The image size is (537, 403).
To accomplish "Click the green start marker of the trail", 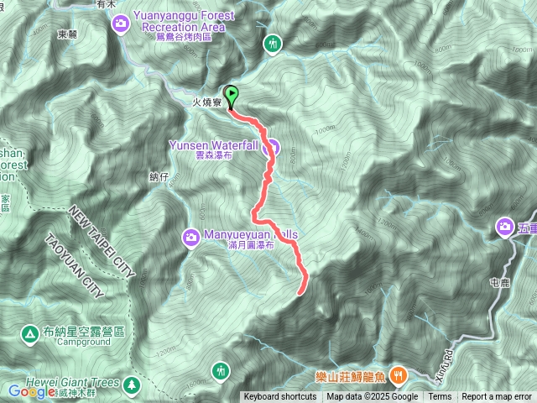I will pos(232,95).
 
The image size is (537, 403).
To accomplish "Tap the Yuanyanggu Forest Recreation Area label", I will pos(178,21).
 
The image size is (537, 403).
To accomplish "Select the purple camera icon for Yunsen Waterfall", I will pos(272,146).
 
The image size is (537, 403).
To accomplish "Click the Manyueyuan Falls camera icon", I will pos(191,240).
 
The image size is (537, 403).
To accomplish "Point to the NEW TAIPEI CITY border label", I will pos(101,243).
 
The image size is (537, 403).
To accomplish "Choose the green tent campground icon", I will pos(31,333).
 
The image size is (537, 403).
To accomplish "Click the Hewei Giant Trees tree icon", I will pos(132,385).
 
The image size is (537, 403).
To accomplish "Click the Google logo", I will pos(31,390).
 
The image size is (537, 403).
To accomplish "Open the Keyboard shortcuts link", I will pos(280,397).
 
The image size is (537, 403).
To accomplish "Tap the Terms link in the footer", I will pos(440,397).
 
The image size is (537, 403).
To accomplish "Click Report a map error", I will pos(497,397).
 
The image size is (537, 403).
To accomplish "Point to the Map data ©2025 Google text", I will pos(372,397).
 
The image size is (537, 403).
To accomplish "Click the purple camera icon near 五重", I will pos(505,226).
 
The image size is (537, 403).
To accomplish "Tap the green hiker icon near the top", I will pos(273,44).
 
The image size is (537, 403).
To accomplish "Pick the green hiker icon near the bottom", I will pos(221,369).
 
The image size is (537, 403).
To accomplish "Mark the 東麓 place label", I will pos(67,34).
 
